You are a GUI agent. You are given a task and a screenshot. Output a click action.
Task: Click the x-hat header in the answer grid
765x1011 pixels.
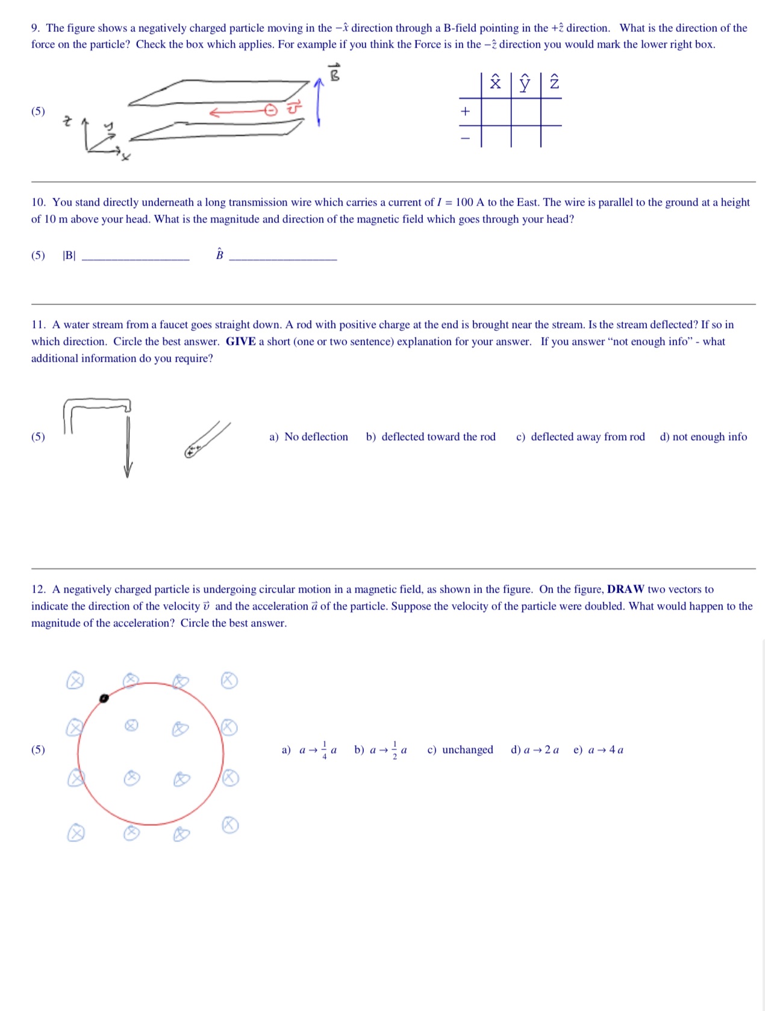point(495,83)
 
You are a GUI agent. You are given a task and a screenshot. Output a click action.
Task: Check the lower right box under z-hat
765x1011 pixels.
point(551,137)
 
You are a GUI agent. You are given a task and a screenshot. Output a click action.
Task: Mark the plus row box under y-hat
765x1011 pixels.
point(525,112)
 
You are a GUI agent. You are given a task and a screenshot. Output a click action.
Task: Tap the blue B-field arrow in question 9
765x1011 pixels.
point(319,102)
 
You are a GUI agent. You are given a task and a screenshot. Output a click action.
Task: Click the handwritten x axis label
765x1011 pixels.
point(125,157)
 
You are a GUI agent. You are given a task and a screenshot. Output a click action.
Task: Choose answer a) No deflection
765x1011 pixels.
point(308,436)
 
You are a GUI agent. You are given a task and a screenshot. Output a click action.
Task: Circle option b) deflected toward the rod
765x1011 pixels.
point(431,436)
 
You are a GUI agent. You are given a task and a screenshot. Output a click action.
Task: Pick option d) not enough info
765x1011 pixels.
point(703,436)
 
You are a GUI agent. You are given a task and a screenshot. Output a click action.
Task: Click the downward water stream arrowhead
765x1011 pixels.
point(127,470)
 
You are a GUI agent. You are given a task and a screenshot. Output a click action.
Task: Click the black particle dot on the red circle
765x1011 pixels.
point(104,698)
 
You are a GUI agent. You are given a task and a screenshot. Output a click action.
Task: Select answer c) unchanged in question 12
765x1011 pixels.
point(460,750)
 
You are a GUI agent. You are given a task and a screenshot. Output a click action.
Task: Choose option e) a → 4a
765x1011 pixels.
point(598,750)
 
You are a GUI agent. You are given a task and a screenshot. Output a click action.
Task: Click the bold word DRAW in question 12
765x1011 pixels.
point(625,589)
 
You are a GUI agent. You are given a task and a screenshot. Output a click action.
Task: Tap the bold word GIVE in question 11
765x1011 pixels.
point(240,341)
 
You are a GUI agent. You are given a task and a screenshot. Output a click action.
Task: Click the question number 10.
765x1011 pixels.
point(38,203)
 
